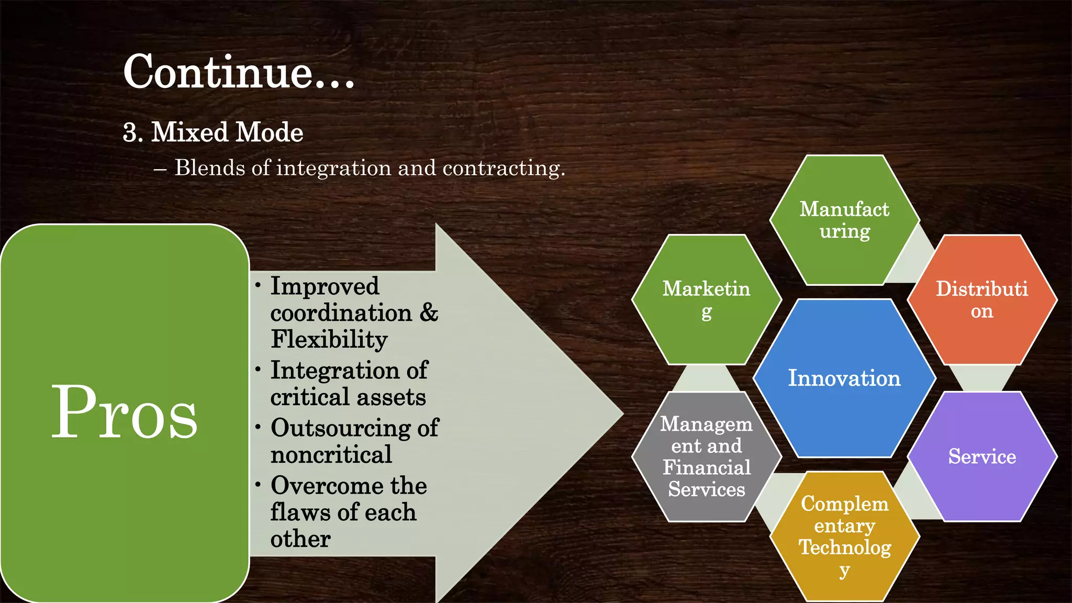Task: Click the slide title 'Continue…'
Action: click(239, 72)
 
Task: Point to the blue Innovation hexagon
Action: click(844, 378)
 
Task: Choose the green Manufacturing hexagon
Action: click(844, 220)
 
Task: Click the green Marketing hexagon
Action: click(706, 299)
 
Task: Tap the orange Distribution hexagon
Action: click(982, 299)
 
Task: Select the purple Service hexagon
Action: click(982, 456)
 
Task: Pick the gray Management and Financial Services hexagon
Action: click(706, 456)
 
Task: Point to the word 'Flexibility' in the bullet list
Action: click(329, 339)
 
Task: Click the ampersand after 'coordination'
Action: click(429, 312)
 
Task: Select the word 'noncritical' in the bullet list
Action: click(331, 454)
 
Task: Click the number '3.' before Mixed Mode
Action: click(132, 132)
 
